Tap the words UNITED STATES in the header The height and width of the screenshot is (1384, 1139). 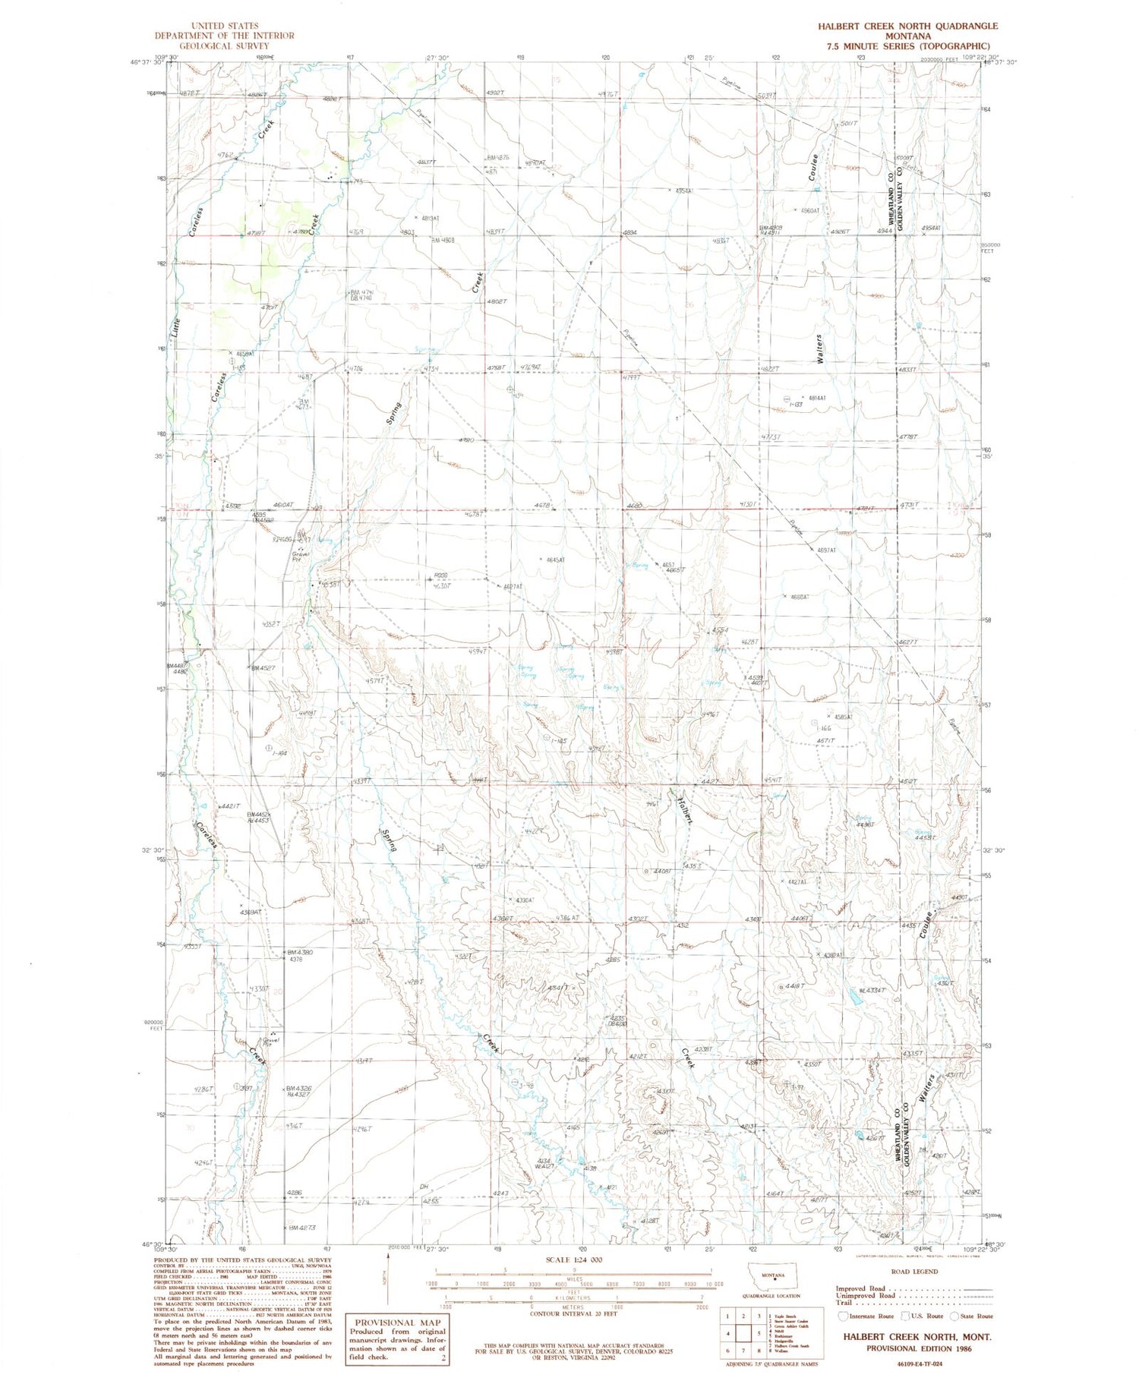click(225, 26)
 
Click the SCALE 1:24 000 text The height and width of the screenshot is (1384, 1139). click(575, 1260)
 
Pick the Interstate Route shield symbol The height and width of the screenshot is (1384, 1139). click(843, 1316)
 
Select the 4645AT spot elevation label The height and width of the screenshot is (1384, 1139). click(553, 560)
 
